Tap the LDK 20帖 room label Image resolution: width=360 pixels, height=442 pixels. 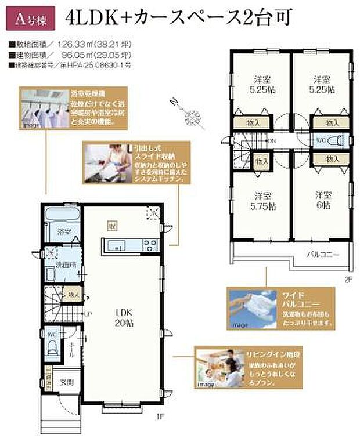click(x=123, y=319)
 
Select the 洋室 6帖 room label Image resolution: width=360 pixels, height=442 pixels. click(x=323, y=200)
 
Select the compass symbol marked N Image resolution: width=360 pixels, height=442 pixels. click(x=190, y=118)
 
